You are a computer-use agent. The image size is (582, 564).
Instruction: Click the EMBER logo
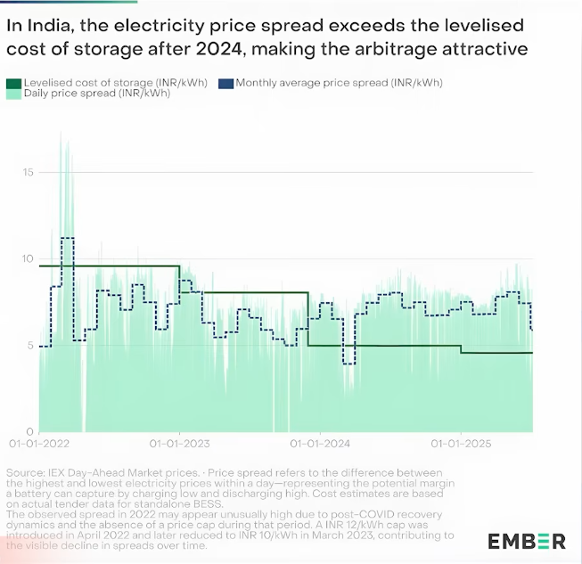pyautogui.click(x=526, y=540)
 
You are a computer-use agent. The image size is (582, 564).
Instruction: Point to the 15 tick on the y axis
pyautogui.click(x=28, y=171)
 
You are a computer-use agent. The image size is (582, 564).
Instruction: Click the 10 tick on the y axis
pyautogui.click(x=28, y=258)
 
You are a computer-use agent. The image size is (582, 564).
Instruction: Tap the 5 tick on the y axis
pyautogui.click(x=30, y=345)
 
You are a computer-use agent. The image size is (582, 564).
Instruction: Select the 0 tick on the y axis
pyautogui.click(x=30, y=431)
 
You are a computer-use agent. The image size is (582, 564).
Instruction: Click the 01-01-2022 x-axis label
pyautogui.click(x=39, y=443)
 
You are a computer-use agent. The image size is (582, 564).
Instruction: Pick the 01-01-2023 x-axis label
pyautogui.click(x=179, y=443)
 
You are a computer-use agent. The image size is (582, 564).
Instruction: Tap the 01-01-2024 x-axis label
pyautogui.click(x=319, y=443)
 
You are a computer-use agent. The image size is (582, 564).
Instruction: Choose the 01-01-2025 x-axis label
pyautogui.click(x=460, y=443)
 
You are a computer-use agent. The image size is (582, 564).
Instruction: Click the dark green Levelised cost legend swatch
pyautogui.click(x=13, y=83)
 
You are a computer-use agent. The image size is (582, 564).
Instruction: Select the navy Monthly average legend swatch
pyautogui.click(x=225, y=83)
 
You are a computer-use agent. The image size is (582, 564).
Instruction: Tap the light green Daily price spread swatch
pyautogui.click(x=13, y=94)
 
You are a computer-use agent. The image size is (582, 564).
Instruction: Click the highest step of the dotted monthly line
pyautogui.click(x=67, y=239)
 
